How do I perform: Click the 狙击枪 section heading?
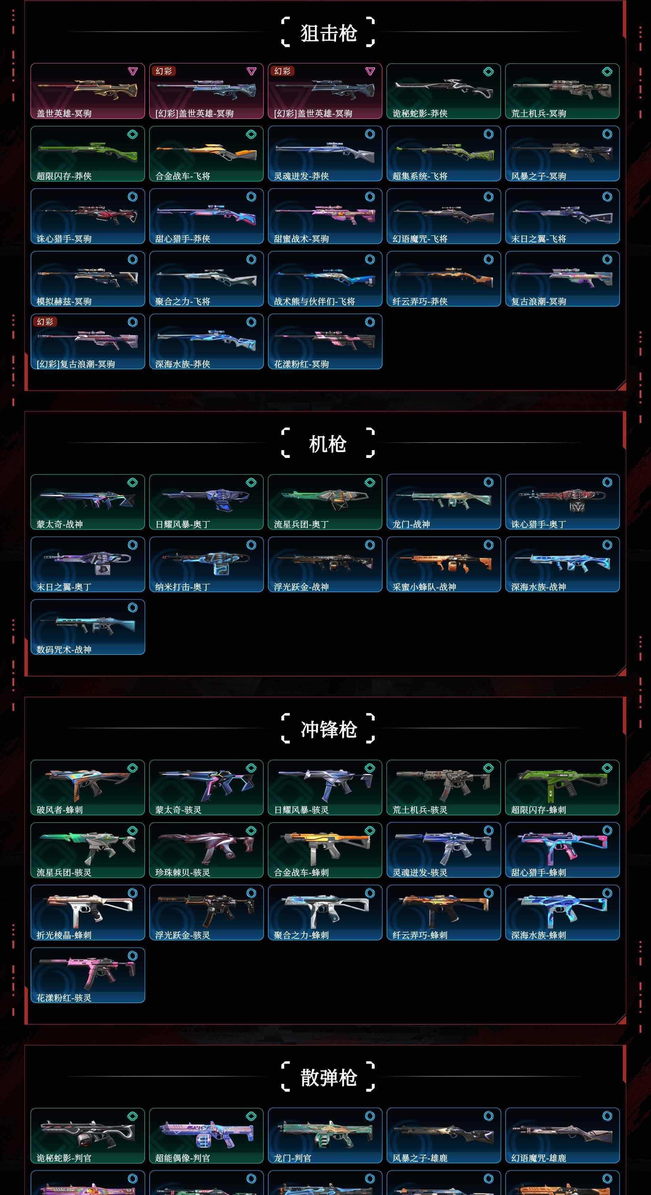point(328,33)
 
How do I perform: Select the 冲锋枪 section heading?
point(328,729)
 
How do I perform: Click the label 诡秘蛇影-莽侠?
point(420,113)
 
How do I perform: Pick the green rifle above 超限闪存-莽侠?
point(88,149)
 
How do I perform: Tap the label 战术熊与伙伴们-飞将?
point(314,301)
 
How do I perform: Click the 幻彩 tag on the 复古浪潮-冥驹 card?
point(45,321)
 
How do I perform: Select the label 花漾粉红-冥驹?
point(301,364)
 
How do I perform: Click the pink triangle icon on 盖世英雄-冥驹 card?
point(133,71)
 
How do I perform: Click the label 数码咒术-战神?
point(64,649)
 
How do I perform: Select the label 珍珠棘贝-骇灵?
point(182,873)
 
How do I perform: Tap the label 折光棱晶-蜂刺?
point(64,935)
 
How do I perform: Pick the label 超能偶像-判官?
point(182,1158)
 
